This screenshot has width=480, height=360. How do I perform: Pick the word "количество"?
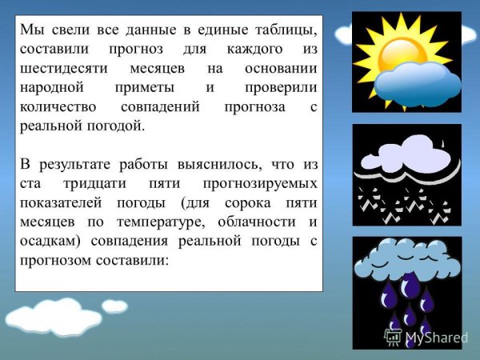pyautogui.click(x=58, y=107)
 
